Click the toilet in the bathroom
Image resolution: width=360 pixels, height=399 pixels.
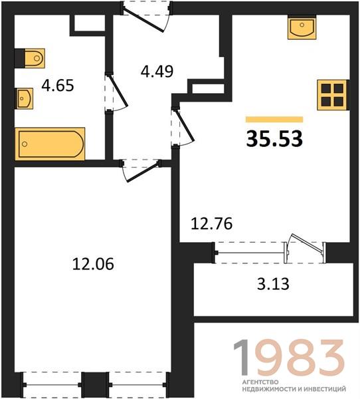click(35, 59)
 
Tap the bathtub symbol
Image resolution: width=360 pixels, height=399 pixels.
click(50, 144)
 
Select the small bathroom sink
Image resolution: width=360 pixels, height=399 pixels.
click(25, 98)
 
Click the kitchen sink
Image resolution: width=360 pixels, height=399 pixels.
click(302, 27)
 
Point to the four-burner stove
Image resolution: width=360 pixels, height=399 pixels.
click(332, 95)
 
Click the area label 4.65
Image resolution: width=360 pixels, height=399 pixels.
click(58, 86)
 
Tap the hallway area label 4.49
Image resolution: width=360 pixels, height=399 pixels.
click(157, 71)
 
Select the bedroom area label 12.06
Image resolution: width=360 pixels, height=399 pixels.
click(93, 264)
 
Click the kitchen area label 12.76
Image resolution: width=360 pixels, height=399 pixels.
click(211, 223)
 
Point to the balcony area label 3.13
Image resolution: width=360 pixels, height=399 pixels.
click(273, 284)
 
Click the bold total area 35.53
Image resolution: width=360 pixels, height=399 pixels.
click(274, 139)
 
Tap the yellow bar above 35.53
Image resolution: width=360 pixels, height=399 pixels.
click(274, 119)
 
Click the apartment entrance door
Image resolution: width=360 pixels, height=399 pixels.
click(146, 17)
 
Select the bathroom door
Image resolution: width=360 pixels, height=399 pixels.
click(116, 92)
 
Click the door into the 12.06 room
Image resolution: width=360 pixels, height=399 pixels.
click(141, 170)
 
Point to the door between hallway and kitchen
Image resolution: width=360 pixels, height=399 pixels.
click(183, 126)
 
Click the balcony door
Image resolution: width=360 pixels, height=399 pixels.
click(305, 248)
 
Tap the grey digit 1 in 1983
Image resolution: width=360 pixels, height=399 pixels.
click(242, 357)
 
